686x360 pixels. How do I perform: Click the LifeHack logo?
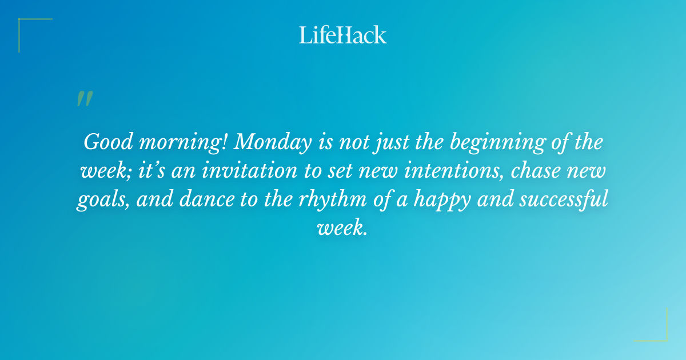point(343,35)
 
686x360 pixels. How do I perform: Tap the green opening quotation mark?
point(84,99)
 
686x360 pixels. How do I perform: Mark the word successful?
point(549,200)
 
